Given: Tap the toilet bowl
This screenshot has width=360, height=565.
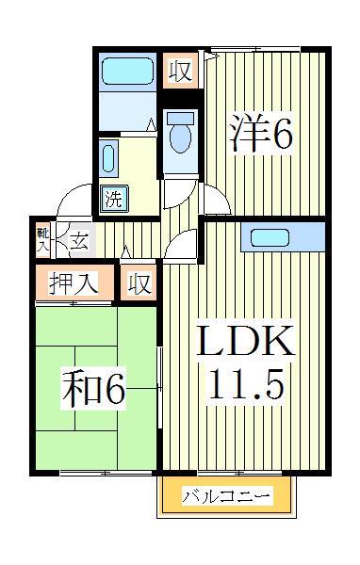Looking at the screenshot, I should click(x=178, y=136).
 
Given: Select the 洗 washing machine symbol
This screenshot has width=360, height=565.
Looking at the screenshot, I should click(x=112, y=199).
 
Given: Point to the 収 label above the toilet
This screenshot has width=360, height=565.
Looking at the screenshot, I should click(x=178, y=71).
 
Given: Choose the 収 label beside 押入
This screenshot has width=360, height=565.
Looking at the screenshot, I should click(x=139, y=283).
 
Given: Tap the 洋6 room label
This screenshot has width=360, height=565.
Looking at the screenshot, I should click(x=259, y=133).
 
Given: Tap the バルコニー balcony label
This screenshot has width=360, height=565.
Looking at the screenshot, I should click(x=226, y=496).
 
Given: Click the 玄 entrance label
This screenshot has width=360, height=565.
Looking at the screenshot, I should click(x=78, y=240).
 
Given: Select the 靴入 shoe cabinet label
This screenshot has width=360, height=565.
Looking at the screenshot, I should click(x=43, y=239).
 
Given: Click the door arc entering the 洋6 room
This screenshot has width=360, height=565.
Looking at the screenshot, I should click(x=216, y=202).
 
